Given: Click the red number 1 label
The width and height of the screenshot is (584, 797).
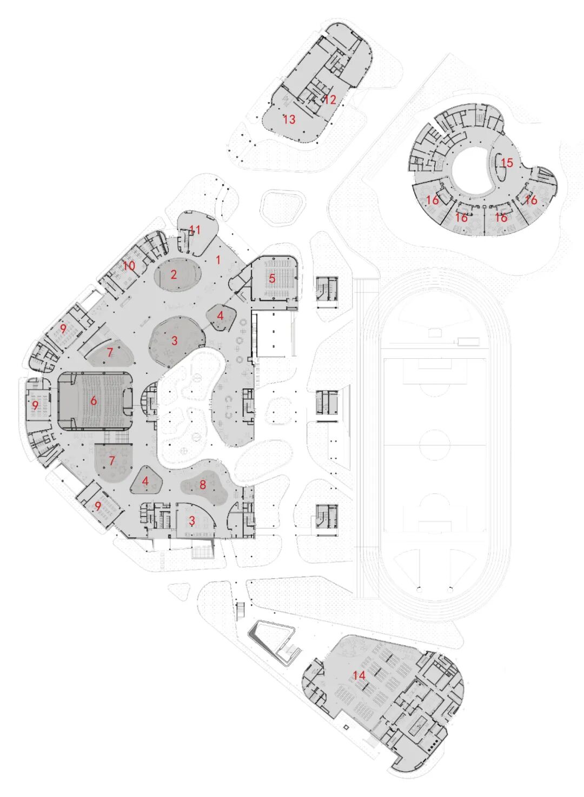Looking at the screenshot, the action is (218, 260).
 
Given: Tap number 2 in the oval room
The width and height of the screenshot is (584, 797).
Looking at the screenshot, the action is (174, 274).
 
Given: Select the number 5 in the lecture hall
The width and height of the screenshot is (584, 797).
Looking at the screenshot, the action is (272, 278).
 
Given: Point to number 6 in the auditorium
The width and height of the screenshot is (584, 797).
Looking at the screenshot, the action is (94, 400).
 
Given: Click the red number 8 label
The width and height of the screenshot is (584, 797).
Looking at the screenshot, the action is (203, 484).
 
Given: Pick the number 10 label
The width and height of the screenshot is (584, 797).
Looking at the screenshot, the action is (129, 265).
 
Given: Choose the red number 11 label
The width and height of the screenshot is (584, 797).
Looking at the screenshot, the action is (195, 230).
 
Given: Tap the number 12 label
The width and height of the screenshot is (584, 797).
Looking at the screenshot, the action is (330, 99).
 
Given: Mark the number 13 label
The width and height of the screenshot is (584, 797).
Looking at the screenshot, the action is (289, 119).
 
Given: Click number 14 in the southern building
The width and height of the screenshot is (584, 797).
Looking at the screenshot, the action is (359, 675).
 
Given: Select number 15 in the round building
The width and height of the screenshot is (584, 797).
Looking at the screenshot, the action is (506, 163).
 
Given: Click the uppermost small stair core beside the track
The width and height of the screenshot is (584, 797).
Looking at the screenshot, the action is (327, 292).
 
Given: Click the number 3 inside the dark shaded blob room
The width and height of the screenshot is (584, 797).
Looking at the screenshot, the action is (174, 341).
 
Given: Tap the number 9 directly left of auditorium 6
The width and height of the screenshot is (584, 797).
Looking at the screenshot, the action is (35, 405).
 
